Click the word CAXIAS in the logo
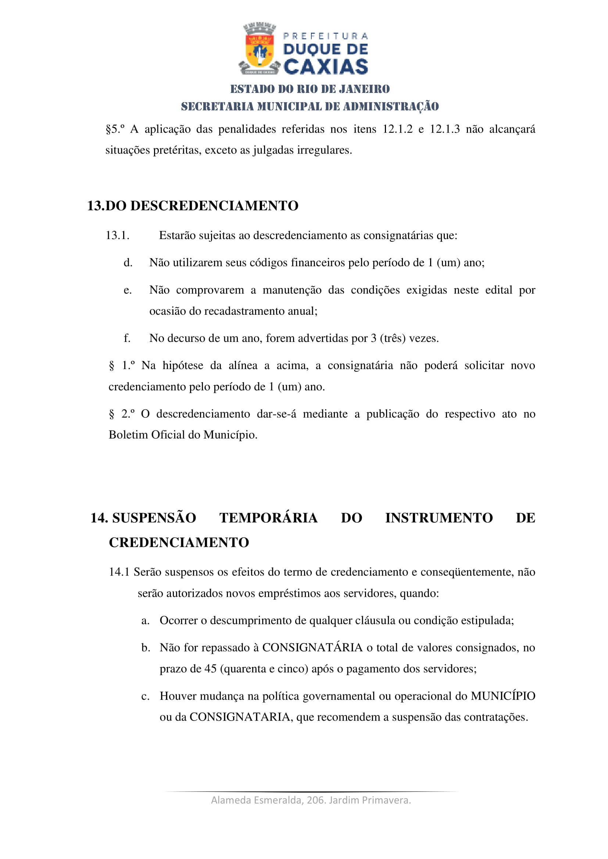[x=326, y=67]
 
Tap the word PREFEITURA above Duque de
[x=325, y=36]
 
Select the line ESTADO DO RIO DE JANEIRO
[x=310, y=89]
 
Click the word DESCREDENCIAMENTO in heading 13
[x=214, y=206]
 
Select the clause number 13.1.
[x=118, y=235]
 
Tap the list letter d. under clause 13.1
[x=128, y=263]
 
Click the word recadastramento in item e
[x=245, y=311]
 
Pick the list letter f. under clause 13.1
[x=127, y=338]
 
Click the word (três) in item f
[x=393, y=338]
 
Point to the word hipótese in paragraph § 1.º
[x=183, y=365]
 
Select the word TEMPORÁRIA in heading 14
[x=268, y=518]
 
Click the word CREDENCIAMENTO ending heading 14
[x=179, y=542]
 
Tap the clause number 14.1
[x=119, y=572]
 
